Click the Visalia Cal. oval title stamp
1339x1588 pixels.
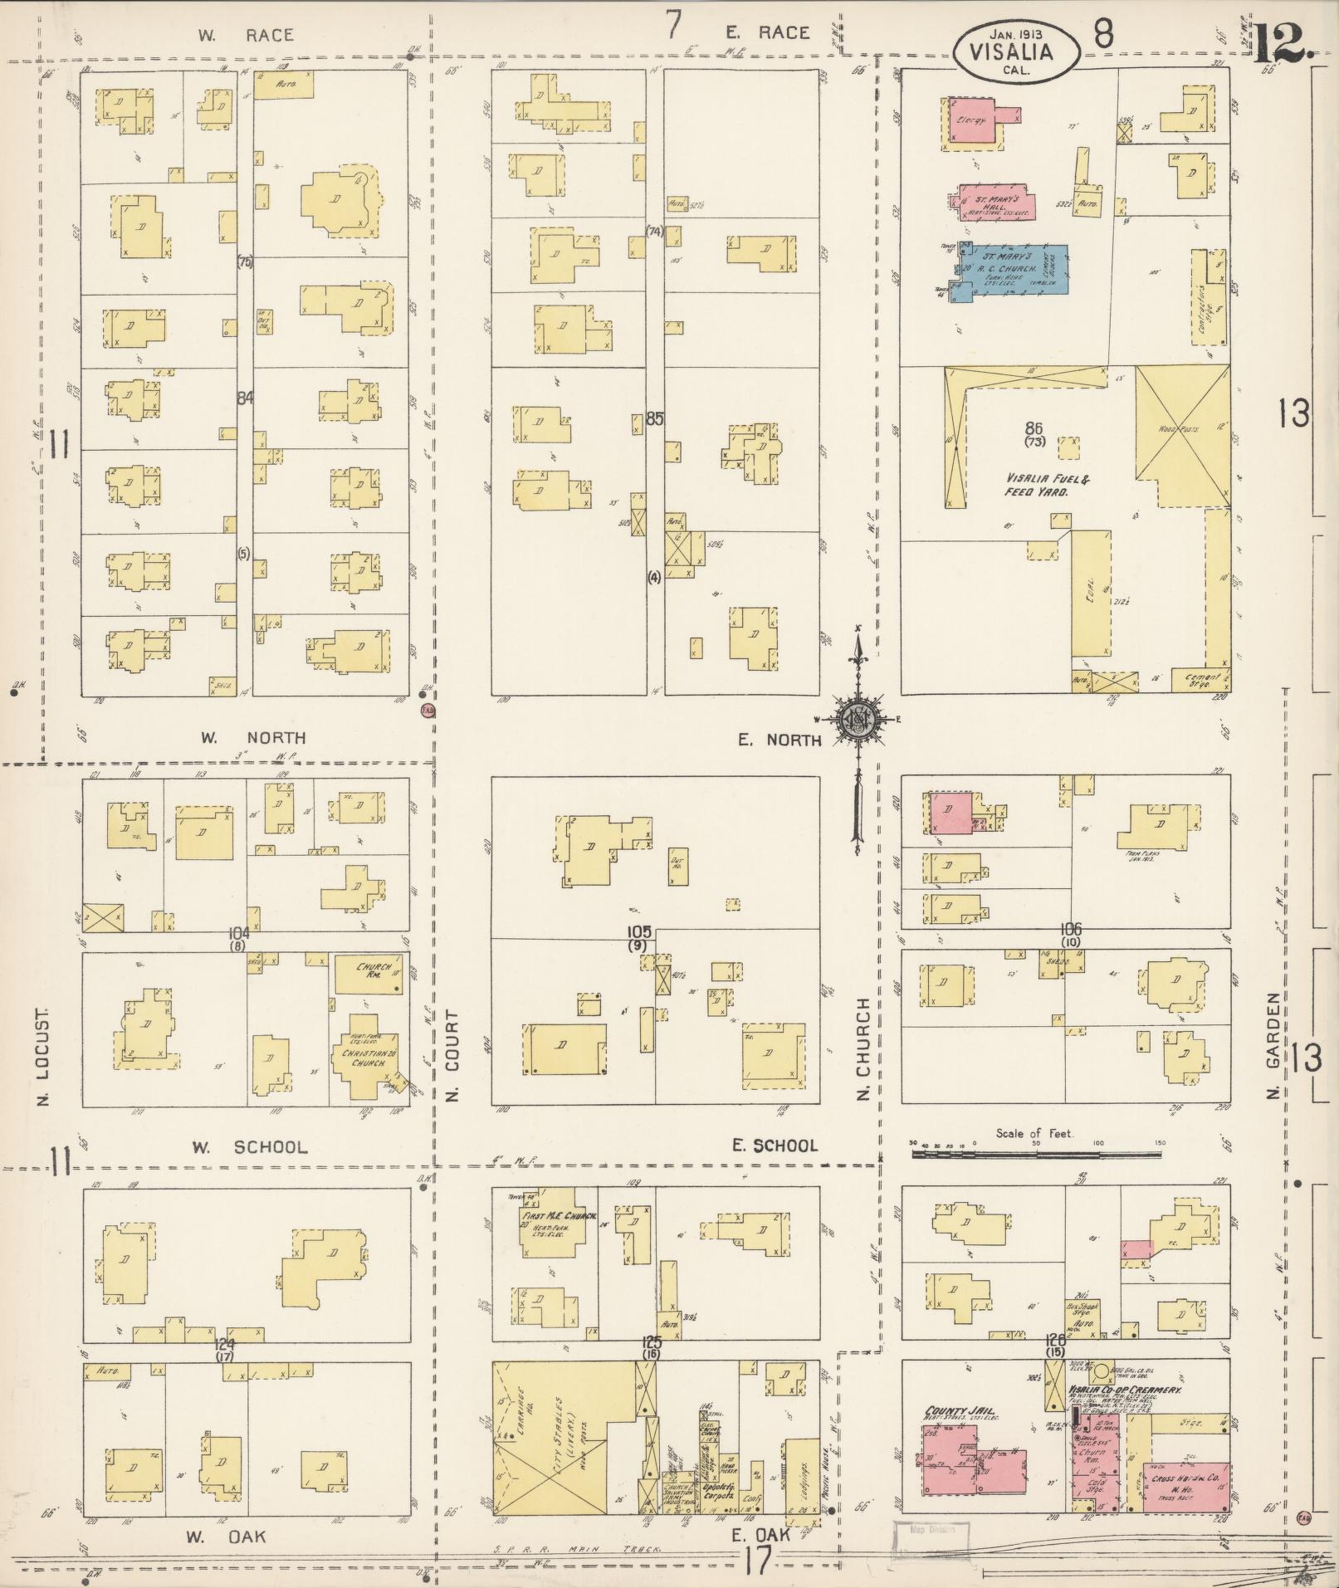click(1015, 51)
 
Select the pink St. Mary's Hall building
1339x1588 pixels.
click(993, 203)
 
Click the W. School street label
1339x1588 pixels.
click(249, 1147)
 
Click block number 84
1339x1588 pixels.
click(243, 398)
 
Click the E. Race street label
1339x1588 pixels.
click(766, 32)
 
